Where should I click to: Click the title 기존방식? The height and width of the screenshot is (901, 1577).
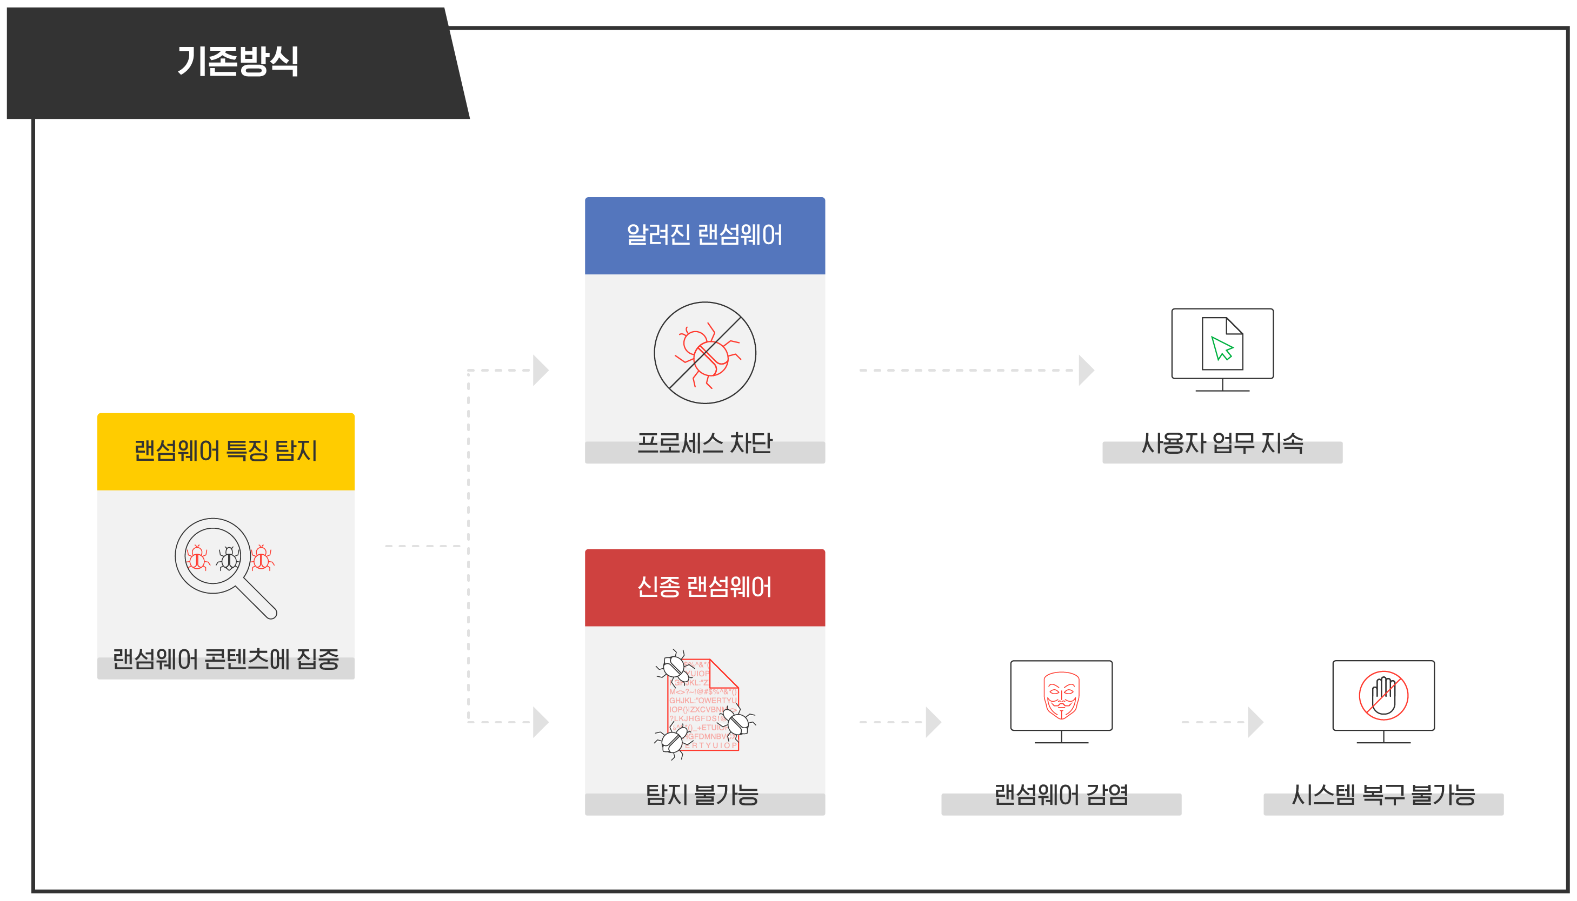[x=238, y=61]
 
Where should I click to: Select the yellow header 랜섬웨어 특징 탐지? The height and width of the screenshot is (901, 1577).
[x=225, y=451]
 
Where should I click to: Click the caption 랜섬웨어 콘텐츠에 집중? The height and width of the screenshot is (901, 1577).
[x=225, y=660]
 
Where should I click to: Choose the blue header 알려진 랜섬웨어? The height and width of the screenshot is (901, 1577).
[x=704, y=235]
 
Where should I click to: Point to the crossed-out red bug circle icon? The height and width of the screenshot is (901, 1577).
[x=704, y=353]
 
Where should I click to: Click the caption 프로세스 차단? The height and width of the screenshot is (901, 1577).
[x=704, y=443]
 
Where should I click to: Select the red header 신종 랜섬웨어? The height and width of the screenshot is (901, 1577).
[x=704, y=587]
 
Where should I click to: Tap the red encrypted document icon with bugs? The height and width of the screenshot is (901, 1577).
[x=704, y=705]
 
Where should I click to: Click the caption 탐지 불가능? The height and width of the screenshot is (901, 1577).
[x=702, y=795]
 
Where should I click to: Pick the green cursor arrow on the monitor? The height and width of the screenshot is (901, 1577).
[x=1222, y=348]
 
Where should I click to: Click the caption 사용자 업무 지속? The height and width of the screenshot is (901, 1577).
[x=1222, y=443]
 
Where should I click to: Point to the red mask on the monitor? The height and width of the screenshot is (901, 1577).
[x=1061, y=696]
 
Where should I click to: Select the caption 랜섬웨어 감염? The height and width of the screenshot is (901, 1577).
[x=1061, y=795]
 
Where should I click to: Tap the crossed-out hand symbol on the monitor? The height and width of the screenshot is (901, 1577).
[x=1383, y=696]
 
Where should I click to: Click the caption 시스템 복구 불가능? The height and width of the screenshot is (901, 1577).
[x=1383, y=795]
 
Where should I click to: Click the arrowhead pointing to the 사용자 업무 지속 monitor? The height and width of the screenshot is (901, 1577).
[x=1086, y=370]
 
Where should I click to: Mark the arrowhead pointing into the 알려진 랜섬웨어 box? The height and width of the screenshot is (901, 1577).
[x=540, y=370]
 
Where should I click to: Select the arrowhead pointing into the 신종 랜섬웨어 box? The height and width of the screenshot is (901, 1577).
[x=540, y=722]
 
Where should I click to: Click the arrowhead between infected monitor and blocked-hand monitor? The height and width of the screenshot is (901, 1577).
[x=1254, y=722]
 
